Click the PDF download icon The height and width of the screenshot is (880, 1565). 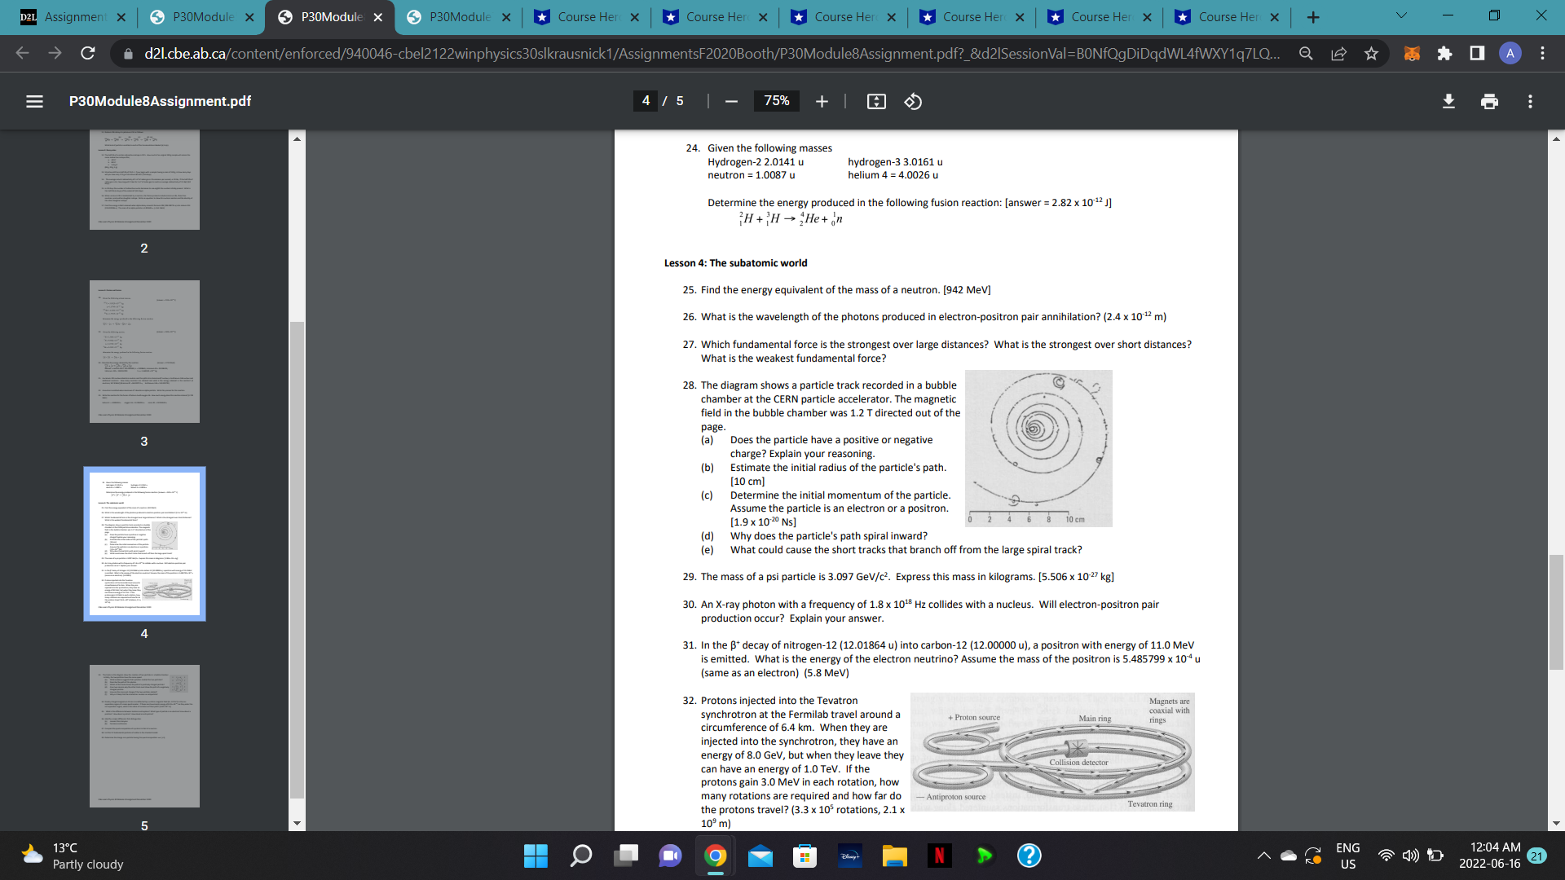(1448, 101)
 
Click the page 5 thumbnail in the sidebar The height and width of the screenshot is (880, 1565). (144, 736)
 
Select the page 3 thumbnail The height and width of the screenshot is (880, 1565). (144, 351)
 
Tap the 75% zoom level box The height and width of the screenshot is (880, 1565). (776, 101)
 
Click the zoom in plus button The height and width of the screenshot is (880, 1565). (822, 101)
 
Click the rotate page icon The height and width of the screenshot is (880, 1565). (913, 101)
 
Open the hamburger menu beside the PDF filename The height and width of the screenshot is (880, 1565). (34, 101)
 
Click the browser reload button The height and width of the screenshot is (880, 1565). (88, 53)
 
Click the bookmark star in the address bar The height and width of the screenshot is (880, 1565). (1371, 53)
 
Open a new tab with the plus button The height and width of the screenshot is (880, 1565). (1312, 17)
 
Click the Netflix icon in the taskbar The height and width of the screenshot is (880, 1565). (939, 856)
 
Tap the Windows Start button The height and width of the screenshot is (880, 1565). (536, 856)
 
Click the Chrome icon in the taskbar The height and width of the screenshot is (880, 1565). (715, 856)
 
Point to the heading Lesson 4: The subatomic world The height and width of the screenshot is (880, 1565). (735, 263)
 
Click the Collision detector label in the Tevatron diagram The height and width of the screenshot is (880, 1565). (1078, 763)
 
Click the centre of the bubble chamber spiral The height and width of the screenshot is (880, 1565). (1034, 427)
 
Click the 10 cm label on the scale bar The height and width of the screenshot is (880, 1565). (1075, 519)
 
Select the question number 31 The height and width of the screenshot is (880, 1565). (690, 645)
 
